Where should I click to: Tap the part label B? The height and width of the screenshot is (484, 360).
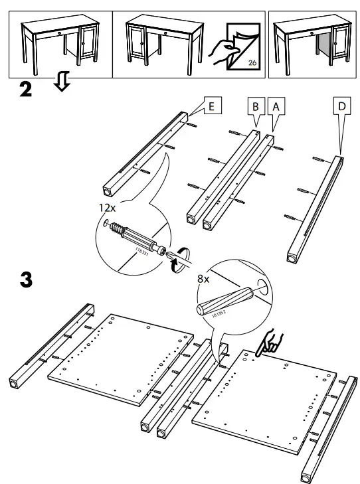(x=256, y=105)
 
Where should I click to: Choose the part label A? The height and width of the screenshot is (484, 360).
(x=275, y=105)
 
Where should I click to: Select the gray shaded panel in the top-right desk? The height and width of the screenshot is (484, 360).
(x=322, y=51)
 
